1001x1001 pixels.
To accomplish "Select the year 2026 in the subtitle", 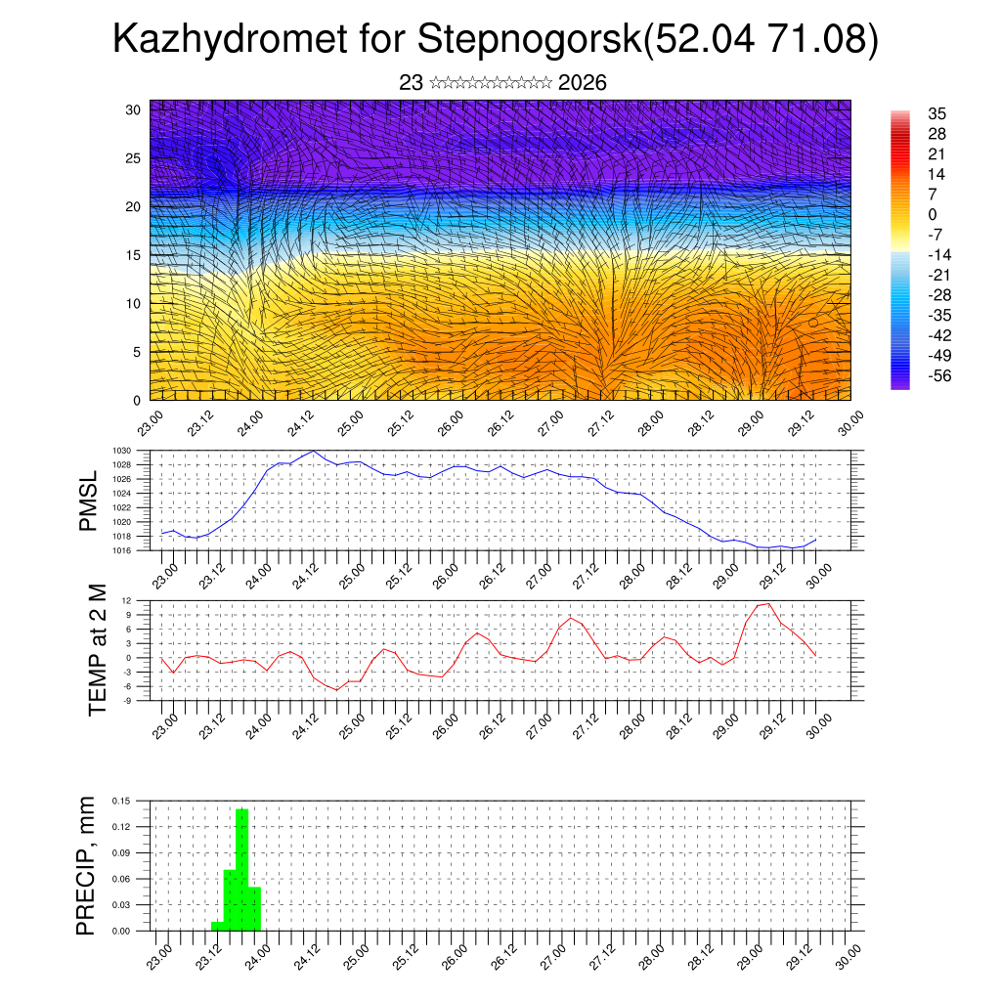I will coord(583,83).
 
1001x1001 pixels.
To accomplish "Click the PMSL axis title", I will coord(88,501).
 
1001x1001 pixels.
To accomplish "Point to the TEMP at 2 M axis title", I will coord(98,650).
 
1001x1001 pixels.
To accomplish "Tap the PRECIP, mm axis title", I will coord(88,865).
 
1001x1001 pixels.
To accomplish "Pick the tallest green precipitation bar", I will coord(241,868).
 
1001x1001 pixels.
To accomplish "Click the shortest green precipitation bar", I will coord(217,925).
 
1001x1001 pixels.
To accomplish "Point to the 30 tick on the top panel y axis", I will coord(133,109).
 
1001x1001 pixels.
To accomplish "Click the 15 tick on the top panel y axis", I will coord(133,255).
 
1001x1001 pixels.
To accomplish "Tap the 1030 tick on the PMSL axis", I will coord(121,451).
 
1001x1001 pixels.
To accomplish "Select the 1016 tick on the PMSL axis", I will coord(121,550).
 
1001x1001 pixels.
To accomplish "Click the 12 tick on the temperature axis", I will coord(126,600).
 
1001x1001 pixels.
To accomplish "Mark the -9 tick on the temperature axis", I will coord(126,700).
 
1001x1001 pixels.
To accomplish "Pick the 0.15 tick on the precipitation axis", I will coord(121,801).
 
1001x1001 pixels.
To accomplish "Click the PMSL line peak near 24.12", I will coord(313,451).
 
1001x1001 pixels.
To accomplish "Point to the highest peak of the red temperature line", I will coord(768,603).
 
